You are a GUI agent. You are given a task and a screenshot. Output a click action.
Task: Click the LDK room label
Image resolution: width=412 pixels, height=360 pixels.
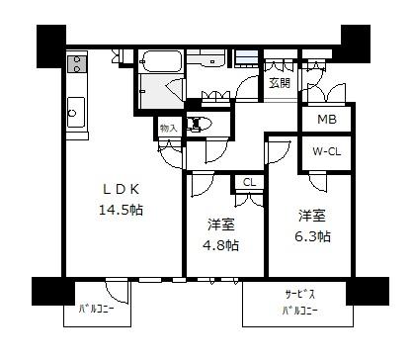(x=122, y=189)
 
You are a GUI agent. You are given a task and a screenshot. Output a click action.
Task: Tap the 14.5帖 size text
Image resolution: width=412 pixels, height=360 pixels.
(x=121, y=210)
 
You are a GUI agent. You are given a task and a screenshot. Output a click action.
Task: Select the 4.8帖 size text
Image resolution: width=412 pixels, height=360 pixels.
(x=220, y=245)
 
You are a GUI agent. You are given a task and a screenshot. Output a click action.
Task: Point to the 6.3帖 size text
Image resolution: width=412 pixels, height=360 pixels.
(x=312, y=236)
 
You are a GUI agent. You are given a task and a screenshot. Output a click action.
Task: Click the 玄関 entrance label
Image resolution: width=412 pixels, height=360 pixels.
(x=280, y=83)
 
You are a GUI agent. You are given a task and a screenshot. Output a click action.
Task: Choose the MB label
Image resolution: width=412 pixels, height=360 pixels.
(x=327, y=119)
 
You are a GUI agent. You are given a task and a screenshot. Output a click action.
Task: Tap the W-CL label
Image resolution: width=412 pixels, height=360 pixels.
(x=326, y=151)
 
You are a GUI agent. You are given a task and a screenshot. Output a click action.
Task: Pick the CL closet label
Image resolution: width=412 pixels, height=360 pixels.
(x=249, y=182)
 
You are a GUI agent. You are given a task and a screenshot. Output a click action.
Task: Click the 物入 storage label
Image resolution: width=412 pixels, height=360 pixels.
(x=168, y=129)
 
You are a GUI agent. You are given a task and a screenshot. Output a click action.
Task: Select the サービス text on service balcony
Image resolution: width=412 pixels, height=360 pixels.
(x=299, y=294)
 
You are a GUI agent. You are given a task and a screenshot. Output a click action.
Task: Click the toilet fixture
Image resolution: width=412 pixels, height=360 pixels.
(x=197, y=125)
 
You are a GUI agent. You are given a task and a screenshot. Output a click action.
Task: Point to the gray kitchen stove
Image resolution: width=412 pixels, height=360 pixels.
(x=77, y=64)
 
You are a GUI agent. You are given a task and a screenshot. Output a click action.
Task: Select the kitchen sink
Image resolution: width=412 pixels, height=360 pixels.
(x=76, y=112)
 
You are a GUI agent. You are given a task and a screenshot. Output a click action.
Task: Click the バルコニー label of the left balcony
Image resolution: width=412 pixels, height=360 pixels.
(x=96, y=310)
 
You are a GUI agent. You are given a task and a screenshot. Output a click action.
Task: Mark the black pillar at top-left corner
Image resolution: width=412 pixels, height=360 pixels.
(x=51, y=46)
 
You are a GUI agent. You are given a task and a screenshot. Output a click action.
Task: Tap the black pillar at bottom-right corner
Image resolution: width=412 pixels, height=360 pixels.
(x=368, y=291)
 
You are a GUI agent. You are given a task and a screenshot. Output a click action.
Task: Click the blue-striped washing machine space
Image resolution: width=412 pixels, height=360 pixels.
(x=246, y=58)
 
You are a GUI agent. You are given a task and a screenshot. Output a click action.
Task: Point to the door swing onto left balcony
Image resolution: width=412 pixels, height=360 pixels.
(x=117, y=292)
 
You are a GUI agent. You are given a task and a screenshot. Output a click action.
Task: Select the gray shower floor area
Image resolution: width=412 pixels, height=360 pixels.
(x=161, y=91)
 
